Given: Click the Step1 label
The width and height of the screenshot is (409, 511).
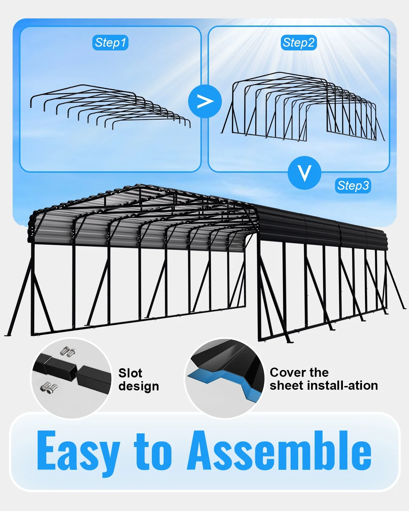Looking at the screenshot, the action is point(110,43).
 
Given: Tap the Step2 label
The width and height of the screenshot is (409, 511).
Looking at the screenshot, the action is point(299,43).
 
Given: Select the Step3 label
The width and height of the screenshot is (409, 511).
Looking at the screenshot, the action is point(353,186).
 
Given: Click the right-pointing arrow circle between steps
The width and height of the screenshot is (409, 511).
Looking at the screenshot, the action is point(205,102).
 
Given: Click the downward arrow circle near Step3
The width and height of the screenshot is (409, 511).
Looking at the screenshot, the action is point(304,173).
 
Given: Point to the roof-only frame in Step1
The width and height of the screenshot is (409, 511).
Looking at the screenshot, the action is point(83,86).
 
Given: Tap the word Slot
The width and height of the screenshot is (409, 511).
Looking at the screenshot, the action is point(130,373).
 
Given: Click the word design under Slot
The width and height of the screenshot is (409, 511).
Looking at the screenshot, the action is point(139,387).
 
